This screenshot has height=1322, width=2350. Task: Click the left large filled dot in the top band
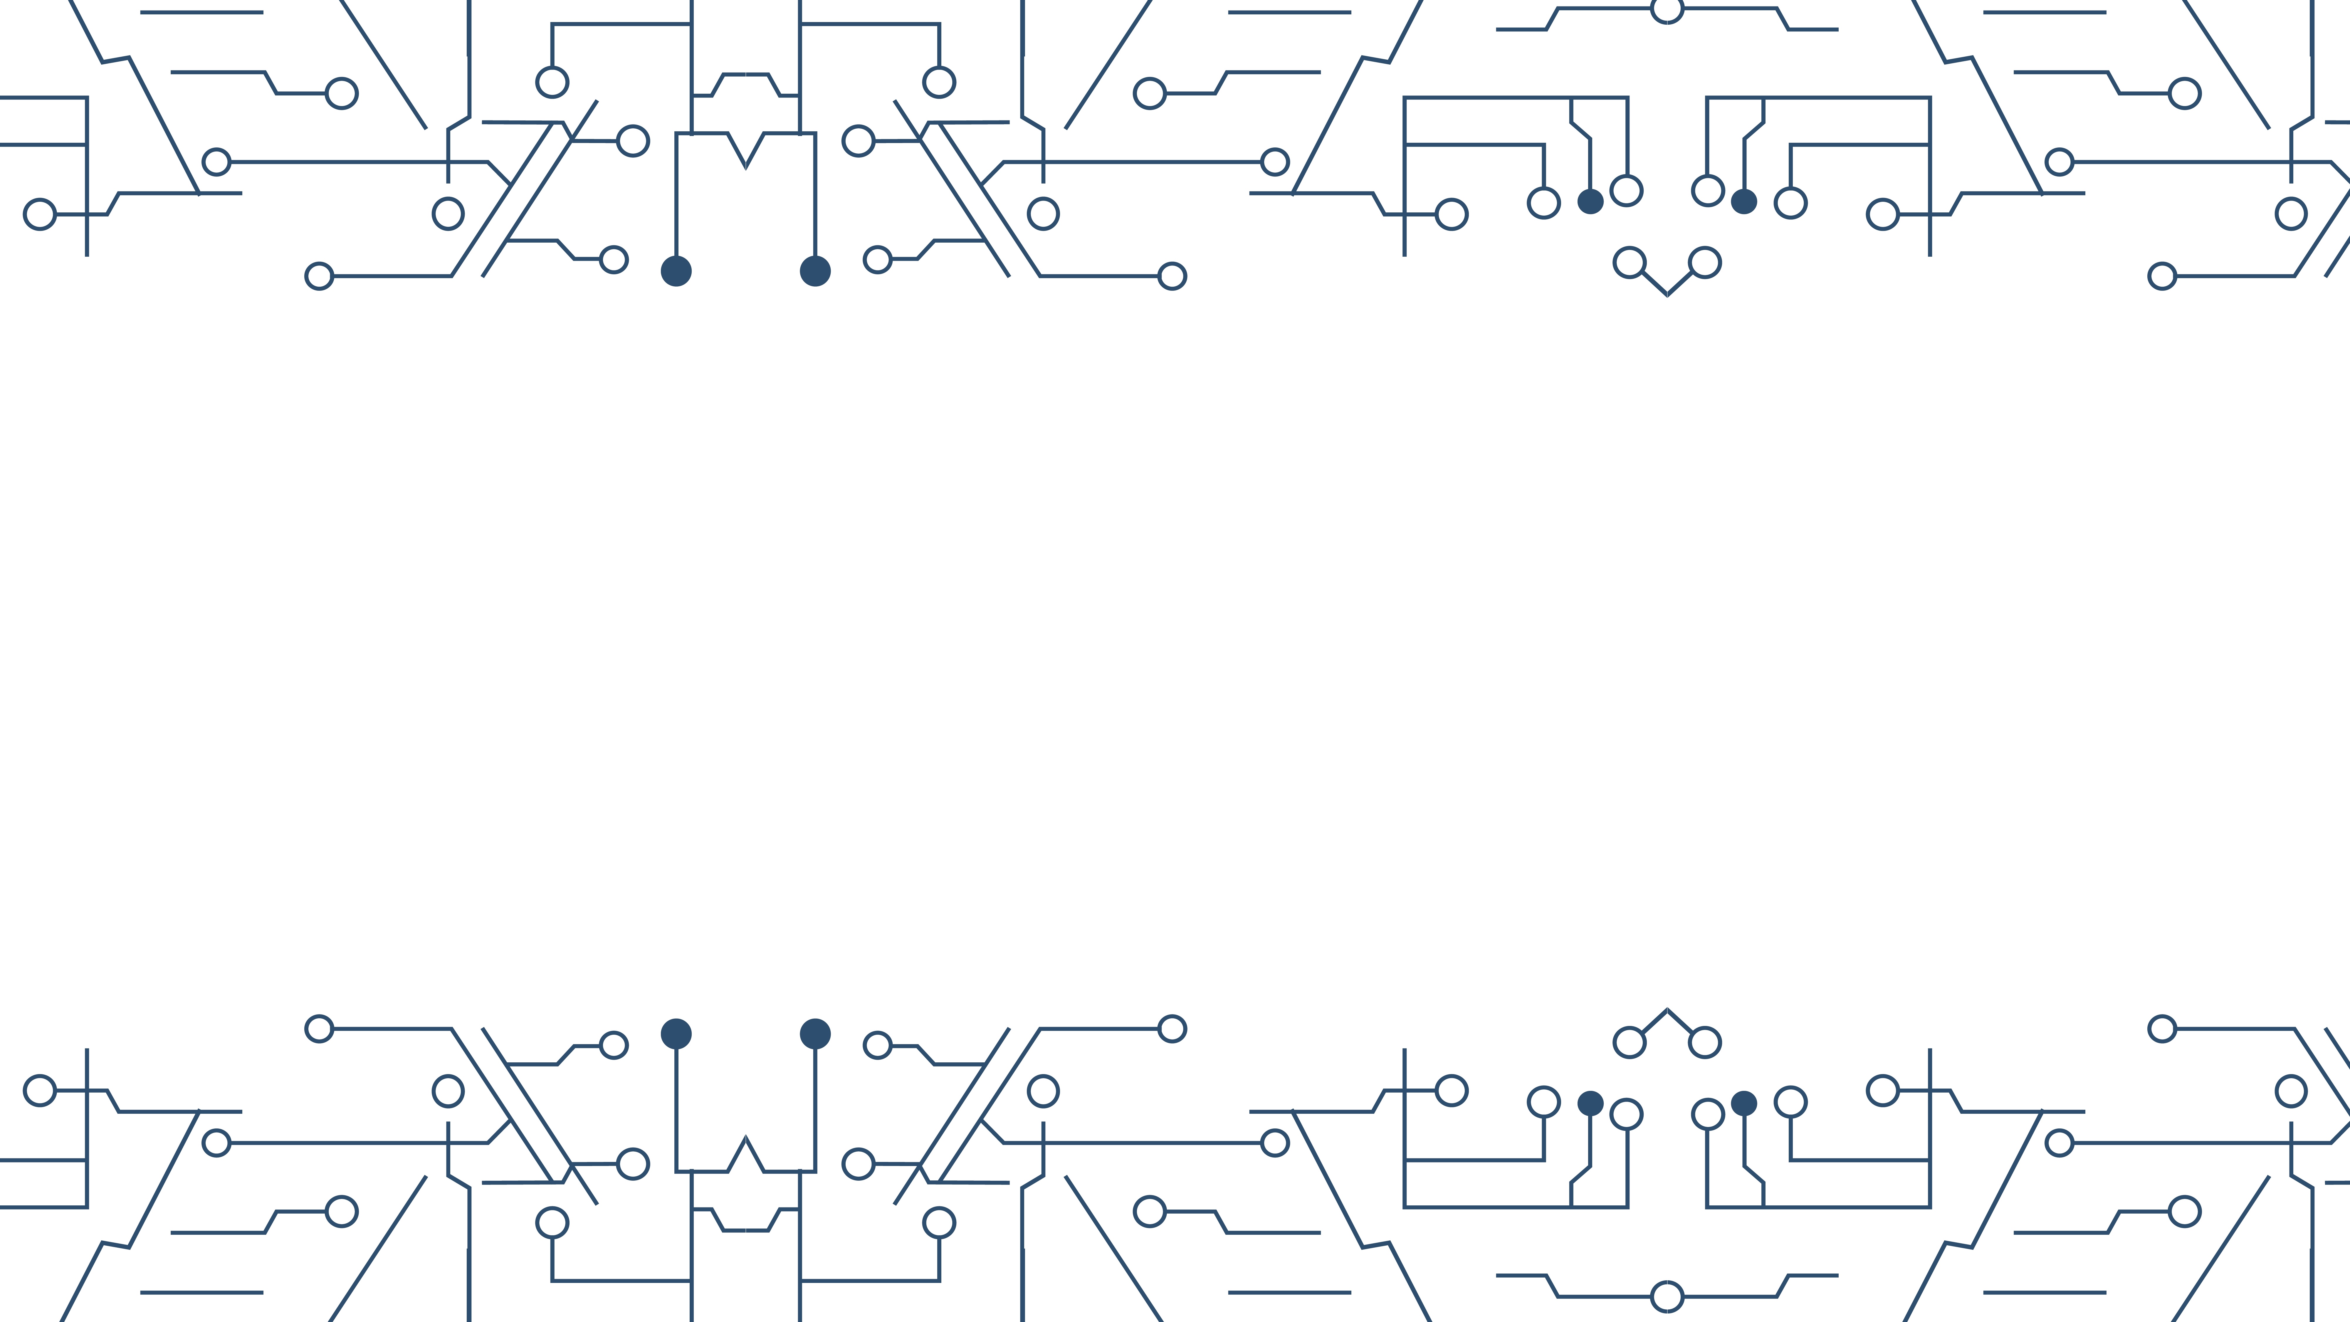pos(676,271)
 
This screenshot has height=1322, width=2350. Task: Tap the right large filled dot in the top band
pos(815,271)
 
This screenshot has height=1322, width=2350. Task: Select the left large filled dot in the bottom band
pos(676,1034)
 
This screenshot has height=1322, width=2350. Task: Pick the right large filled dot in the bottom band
pos(815,1034)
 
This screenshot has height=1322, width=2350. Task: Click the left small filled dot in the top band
pos(1590,201)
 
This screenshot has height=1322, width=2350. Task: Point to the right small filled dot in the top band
pos(1743,201)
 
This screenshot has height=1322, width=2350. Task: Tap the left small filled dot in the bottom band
pos(1590,1103)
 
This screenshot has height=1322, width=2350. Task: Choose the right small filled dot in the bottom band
pos(1743,1103)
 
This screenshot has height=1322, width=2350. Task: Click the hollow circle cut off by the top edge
pos(1667,9)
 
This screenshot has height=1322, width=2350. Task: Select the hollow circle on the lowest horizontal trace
pos(1667,1296)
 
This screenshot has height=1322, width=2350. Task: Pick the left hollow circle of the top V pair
pos(1629,263)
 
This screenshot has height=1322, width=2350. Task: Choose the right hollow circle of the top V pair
pos(1704,263)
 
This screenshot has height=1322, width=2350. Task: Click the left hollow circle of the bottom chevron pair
pos(1629,1042)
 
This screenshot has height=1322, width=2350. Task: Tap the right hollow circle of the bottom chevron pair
pos(1704,1042)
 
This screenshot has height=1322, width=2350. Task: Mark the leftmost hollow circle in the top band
pos(39,214)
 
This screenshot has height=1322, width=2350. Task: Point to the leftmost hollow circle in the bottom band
pos(39,1090)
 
